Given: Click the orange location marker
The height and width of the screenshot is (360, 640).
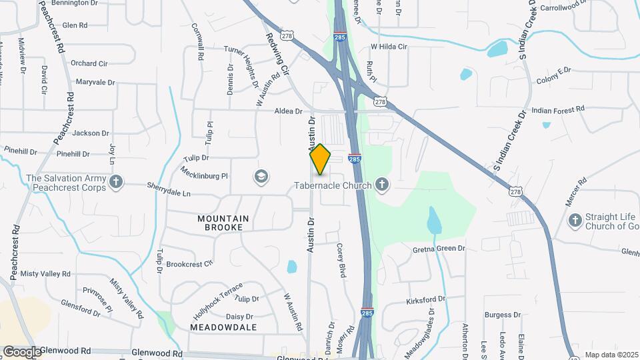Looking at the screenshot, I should pos(320,159).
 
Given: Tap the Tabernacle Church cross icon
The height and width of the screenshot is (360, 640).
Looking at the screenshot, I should pos(382,184).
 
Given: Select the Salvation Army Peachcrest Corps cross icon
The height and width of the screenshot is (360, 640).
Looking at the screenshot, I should pos(116,183).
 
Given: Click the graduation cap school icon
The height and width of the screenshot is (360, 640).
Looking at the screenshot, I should pos(261,177).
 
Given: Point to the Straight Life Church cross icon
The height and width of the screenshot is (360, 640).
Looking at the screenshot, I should pos(574,220).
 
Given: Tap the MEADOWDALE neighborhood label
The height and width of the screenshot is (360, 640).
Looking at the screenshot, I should pos(223,327).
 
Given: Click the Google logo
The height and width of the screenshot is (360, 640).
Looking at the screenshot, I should pos(21,351).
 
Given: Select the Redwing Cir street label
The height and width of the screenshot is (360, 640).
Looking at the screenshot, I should pos(277,54).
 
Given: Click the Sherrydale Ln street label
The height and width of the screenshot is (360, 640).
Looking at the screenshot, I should pos(169,193).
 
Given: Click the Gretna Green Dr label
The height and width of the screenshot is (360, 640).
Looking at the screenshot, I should pos(438,249).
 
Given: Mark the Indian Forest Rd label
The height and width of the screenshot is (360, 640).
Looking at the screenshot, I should pos(558,109).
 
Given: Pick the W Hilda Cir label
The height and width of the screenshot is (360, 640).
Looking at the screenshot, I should pos(389,47).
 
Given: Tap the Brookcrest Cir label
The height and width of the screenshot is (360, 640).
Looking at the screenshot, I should pos(189,264).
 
